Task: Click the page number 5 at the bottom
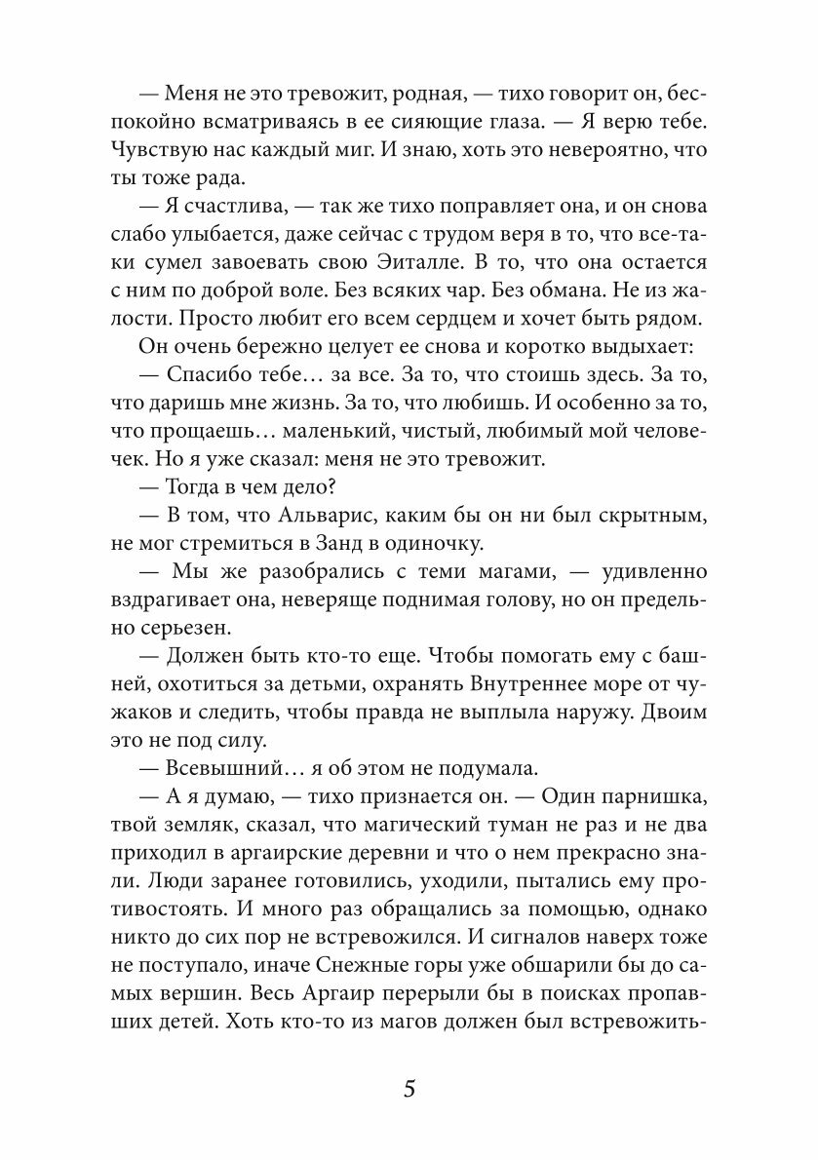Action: point(409,1089)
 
